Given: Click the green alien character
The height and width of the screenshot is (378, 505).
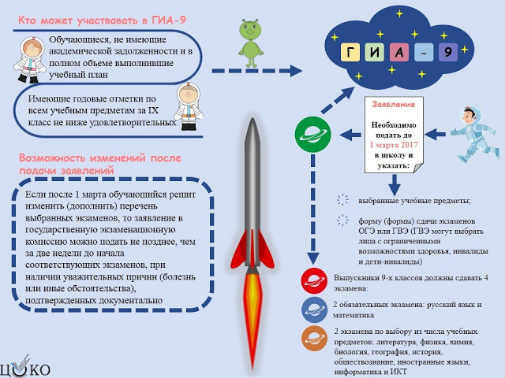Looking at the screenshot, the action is tap(251, 43).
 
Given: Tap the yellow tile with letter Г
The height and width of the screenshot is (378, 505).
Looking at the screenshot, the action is tap(350, 52).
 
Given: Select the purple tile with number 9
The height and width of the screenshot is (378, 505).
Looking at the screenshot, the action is tap(448, 52).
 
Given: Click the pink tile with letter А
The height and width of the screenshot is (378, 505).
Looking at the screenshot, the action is tap(399, 52).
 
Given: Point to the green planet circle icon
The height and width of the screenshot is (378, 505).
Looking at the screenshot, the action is tap(312, 135).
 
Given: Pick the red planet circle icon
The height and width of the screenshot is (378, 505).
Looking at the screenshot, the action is tap(314, 281).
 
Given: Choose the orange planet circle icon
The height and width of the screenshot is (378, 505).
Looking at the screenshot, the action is tap(314, 338).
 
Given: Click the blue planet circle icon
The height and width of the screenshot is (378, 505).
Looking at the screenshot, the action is tap(314, 309).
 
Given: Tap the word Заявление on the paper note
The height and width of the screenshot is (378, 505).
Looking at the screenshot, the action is tap(393, 104).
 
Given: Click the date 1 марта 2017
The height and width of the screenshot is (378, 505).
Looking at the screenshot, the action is tap(393, 145).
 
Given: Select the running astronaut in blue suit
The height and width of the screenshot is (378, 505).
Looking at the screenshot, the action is tap(473, 134).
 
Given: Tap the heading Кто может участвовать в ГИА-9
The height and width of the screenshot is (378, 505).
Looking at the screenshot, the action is tap(102, 20).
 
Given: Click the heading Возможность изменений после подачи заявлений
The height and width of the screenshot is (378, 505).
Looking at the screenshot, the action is tap(100, 164).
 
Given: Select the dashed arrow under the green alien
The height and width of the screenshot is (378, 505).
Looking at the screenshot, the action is tap(256, 71).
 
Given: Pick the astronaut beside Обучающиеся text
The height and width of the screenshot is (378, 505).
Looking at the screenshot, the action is tap(30, 60).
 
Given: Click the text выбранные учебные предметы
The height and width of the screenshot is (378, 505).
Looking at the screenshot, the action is tap(414, 201).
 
